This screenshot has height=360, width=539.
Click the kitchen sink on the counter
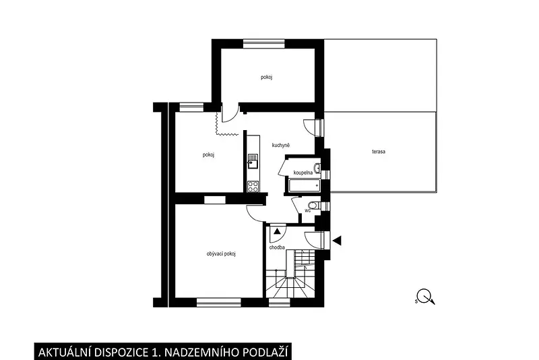[x=253, y=162]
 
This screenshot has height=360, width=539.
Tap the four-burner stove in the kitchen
[x=253, y=186]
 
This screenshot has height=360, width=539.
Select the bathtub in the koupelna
[x=305, y=185]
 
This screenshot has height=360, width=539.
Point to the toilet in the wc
[x=313, y=206]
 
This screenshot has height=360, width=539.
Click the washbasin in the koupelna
[x=317, y=169]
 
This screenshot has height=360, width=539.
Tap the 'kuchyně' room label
[x=281, y=146]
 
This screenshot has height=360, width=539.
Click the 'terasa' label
[x=379, y=151]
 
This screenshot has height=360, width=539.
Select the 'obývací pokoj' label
[x=221, y=253]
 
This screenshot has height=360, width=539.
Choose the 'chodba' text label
[x=277, y=247]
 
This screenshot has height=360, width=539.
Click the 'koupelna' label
[x=303, y=173]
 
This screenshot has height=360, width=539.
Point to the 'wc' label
[x=308, y=210]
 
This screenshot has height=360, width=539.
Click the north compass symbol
[x=426, y=297]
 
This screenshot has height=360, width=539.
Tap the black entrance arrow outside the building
[x=338, y=241]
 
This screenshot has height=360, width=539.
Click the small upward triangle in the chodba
[x=277, y=231]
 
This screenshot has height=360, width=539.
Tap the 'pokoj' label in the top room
[x=266, y=78]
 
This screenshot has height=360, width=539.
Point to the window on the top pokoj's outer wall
[x=264, y=44]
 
